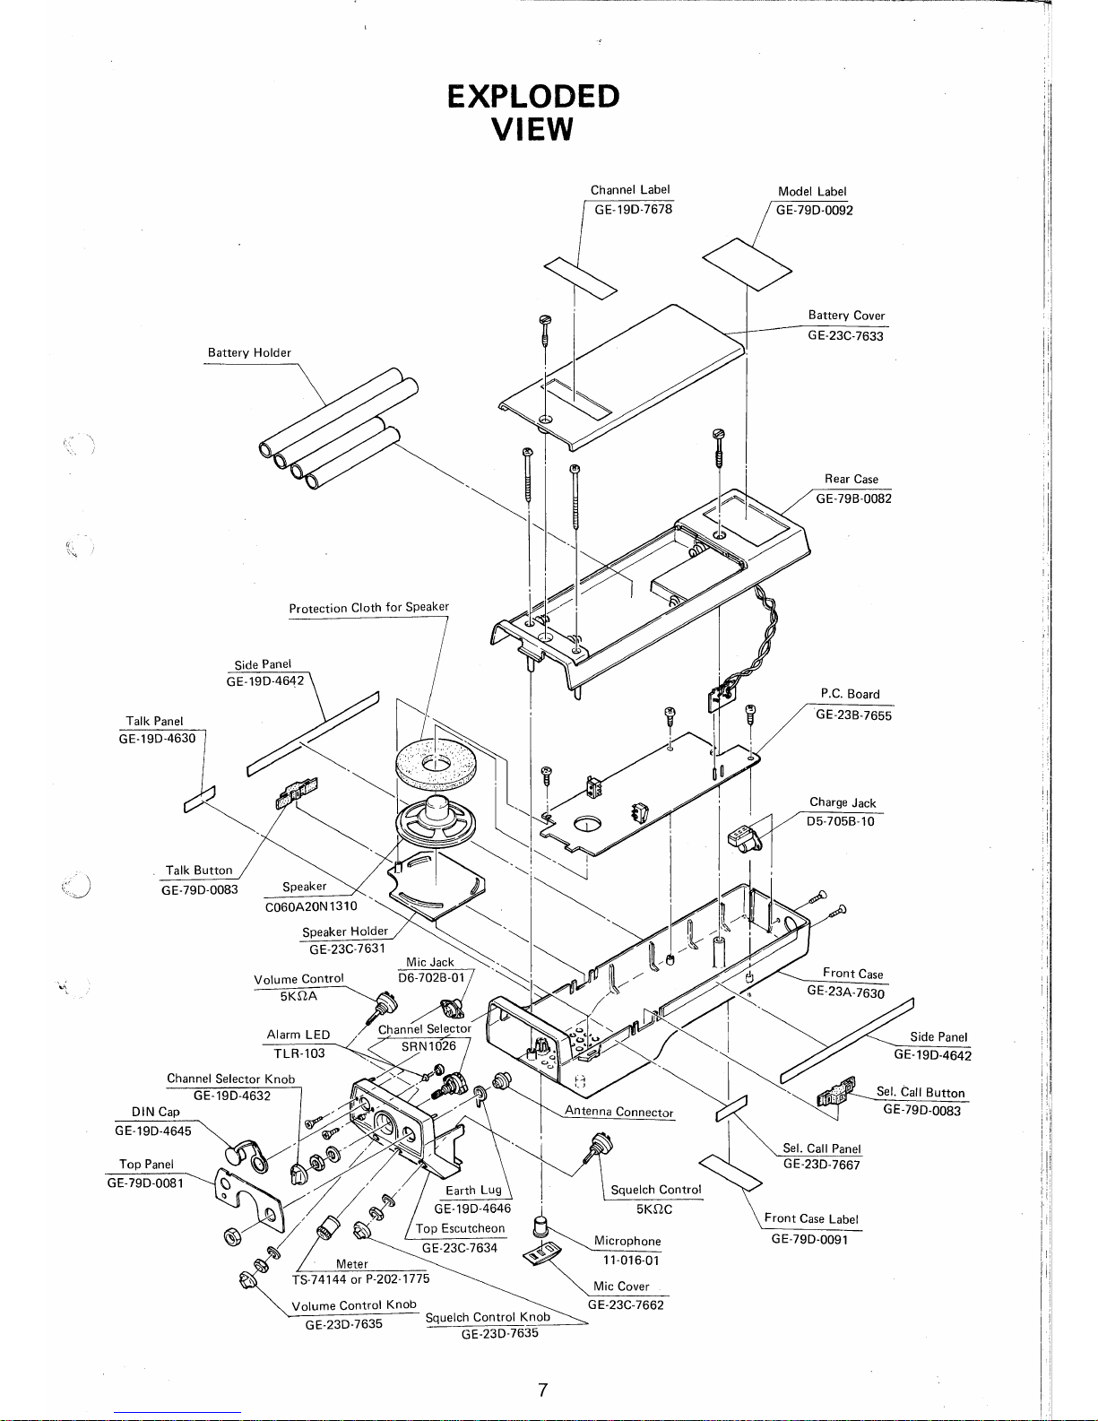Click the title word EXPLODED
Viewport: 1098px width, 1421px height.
coord(533,96)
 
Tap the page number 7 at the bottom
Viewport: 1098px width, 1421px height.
coord(542,1391)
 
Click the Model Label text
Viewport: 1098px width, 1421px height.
coord(811,191)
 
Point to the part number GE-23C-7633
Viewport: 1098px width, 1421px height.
coord(844,335)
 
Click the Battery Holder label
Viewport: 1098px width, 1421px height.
coord(249,352)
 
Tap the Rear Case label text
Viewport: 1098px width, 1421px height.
coord(851,479)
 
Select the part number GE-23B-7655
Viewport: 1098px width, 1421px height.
coord(853,715)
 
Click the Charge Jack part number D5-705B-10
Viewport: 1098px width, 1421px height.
coord(840,820)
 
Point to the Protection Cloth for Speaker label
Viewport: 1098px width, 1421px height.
coord(368,607)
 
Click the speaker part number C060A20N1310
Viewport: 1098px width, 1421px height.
coord(311,905)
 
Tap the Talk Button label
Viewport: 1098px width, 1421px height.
coord(199,870)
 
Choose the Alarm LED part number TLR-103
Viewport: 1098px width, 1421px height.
coord(298,1053)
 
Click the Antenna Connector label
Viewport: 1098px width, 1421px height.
coord(618,1112)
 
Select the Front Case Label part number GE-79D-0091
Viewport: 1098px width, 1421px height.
coord(809,1239)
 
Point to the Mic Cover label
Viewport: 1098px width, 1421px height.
coord(621,1286)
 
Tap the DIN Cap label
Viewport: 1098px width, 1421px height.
coord(156,1112)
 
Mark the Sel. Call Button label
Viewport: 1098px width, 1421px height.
coord(921,1092)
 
